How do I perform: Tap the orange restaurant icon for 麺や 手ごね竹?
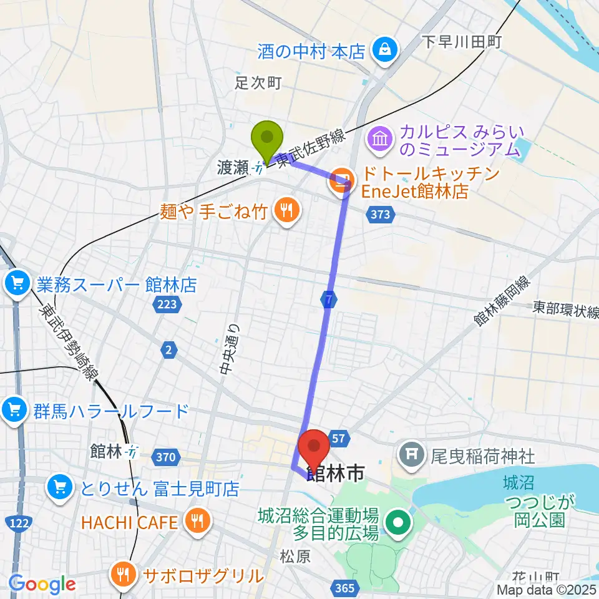tap(286, 211)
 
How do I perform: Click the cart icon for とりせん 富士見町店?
tap(60, 485)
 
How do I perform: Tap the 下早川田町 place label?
tap(462, 42)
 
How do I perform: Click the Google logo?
tap(42, 584)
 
